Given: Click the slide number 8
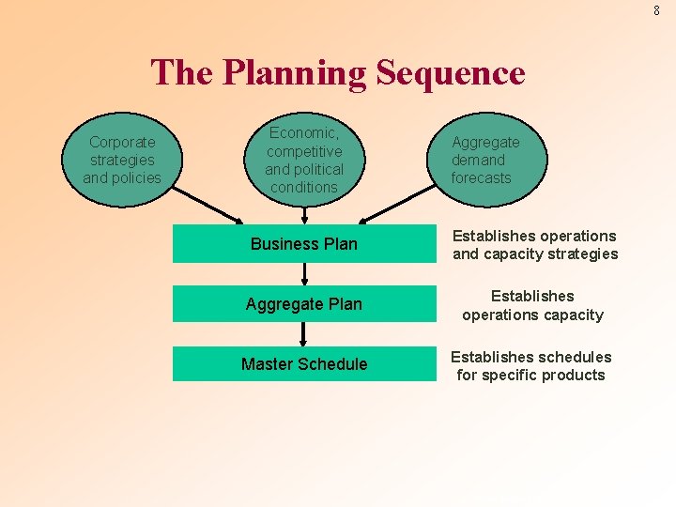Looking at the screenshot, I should tap(656, 11).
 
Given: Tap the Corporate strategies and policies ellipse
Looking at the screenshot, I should tap(122, 160).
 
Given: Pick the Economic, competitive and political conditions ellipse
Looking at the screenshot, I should tap(303, 160).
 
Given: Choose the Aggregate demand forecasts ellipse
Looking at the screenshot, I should tap(487, 160).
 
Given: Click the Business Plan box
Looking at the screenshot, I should tap(304, 244).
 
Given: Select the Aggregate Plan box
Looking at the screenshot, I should tap(304, 304).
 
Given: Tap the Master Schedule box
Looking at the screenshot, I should tap(304, 364).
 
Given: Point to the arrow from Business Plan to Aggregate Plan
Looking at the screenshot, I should tap(304, 273).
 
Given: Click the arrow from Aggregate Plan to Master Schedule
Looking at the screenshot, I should tap(304, 333).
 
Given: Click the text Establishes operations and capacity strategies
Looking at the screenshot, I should tap(535, 245).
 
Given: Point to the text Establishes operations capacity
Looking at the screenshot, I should tap(532, 305).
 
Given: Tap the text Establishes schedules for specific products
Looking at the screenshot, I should tap(531, 365).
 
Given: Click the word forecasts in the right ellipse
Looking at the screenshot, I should tap(481, 177).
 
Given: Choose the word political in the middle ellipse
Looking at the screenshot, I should tap(319, 169).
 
